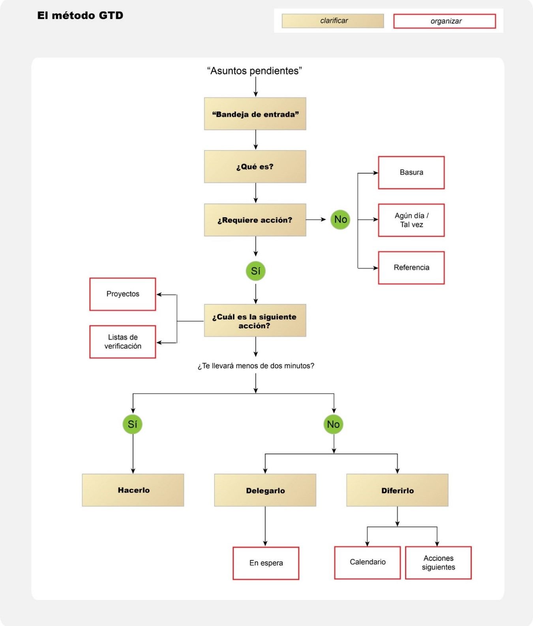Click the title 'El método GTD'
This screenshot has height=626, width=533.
point(80,15)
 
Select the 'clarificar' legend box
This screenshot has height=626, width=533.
point(333,21)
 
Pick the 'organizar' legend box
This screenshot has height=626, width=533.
point(445,21)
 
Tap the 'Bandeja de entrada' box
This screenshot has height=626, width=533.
point(255,114)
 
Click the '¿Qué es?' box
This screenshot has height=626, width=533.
point(255,166)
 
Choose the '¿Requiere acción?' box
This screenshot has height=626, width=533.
point(255,220)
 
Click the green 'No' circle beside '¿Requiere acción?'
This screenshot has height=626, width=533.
point(340,220)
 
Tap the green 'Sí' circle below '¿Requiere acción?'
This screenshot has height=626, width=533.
point(255,271)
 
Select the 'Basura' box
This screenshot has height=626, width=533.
point(411,173)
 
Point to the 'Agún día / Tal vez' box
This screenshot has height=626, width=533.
point(411,220)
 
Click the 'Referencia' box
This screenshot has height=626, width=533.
point(411,268)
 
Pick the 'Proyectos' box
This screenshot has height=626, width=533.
point(123,294)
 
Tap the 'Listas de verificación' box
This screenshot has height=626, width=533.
point(123,342)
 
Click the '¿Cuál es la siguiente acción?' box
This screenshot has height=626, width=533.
point(255,320)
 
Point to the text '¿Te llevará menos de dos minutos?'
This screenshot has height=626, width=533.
point(256,366)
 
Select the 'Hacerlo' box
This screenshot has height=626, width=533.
point(133,490)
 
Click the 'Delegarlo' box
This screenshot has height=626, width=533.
point(265,490)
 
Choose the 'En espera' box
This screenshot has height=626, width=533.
point(266,563)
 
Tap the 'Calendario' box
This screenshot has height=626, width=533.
point(368,563)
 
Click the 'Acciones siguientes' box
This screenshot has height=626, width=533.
point(439,563)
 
